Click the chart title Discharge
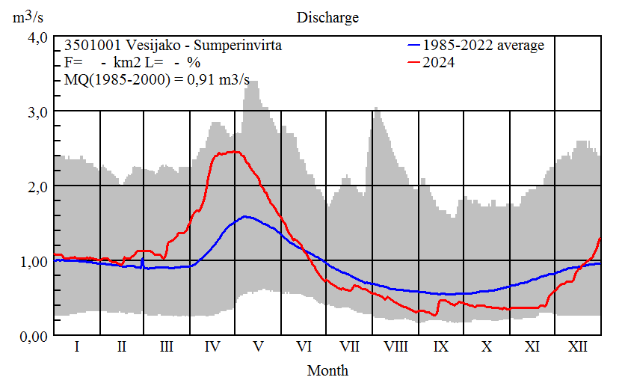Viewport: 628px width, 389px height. [327, 16]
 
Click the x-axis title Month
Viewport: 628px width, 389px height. [327, 370]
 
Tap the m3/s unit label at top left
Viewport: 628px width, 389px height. [30, 16]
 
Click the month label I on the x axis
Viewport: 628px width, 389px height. [76, 347]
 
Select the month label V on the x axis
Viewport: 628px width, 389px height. [259, 347]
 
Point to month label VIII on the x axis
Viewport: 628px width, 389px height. [395, 347]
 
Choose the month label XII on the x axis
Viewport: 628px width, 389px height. [577, 347]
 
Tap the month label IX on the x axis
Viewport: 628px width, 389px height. [441, 347]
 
